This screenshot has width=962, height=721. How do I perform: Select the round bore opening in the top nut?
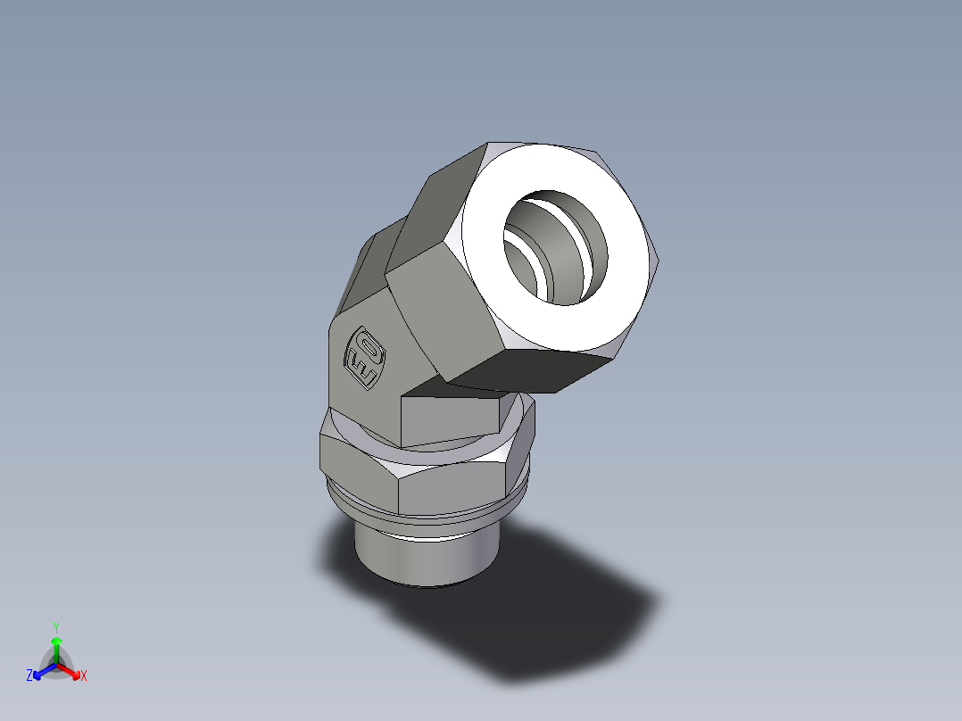557,244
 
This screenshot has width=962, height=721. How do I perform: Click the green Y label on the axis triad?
55,627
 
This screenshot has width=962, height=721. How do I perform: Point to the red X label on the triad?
83,675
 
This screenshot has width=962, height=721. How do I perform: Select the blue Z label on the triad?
29,675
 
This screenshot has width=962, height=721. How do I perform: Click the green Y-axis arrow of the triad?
55,646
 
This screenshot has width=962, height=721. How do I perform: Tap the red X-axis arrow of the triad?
71,670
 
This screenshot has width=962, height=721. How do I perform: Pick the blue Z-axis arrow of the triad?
40,670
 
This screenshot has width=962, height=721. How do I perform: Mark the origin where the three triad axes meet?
55,665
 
